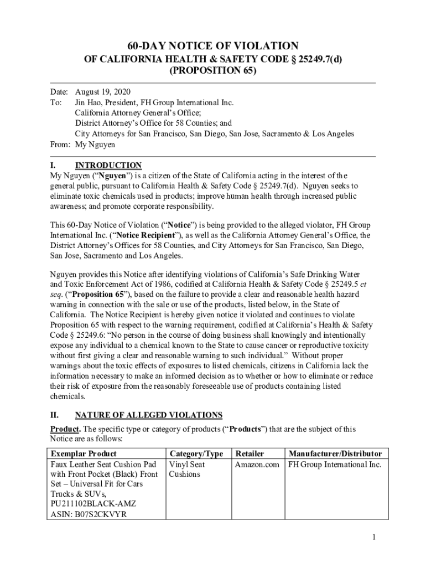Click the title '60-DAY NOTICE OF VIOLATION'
pyautogui.click(x=213, y=46)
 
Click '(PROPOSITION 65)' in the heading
pyautogui.click(x=213, y=71)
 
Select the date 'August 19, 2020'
pyautogui.click(x=103, y=92)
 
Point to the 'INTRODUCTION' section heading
pyautogui.click(x=108, y=166)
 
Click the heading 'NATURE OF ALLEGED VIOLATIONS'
pyautogui.click(x=148, y=415)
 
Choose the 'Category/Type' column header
pyautogui.click(x=196, y=454)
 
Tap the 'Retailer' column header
pyautogui.click(x=250, y=454)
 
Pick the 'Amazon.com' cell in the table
pyautogui.click(x=257, y=465)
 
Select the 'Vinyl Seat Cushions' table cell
pyautogui.click(x=187, y=470)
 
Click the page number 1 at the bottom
pyautogui.click(x=374, y=538)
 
